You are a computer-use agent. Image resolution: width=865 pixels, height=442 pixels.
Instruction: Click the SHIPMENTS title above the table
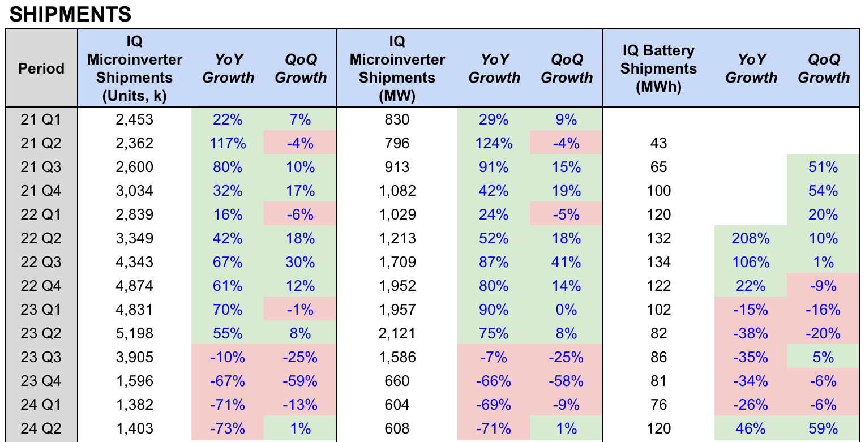click(70, 14)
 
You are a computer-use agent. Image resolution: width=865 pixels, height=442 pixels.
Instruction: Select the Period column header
click(41, 68)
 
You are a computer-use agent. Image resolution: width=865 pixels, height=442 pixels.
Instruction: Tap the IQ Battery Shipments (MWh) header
click(658, 68)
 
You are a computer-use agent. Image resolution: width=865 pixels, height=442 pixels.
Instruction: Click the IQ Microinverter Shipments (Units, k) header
click(135, 68)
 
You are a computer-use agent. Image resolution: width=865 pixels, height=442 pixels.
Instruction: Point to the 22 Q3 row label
click(41, 262)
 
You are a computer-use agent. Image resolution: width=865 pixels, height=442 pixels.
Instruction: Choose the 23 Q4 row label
click(41, 381)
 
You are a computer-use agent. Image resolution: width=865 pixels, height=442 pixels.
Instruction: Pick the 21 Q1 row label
click(41, 119)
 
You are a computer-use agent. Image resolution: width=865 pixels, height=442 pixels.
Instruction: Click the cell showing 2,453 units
click(135, 119)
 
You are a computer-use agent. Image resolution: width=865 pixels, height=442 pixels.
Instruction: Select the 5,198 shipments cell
click(135, 333)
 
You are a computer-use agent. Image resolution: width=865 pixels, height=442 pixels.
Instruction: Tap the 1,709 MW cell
click(397, 262)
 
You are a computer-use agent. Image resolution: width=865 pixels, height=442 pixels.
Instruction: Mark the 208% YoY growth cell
click(751, 238)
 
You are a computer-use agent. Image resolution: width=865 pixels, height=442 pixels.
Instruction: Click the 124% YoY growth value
click(494, 143)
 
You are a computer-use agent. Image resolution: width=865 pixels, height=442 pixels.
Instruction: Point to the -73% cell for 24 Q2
click(228, 428)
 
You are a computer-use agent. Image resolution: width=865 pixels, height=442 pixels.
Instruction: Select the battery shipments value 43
click(658, 143)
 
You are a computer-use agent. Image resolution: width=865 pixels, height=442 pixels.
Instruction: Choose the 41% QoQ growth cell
click(566, 262)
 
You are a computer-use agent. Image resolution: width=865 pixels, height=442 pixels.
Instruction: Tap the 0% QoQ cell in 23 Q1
click(566, 310)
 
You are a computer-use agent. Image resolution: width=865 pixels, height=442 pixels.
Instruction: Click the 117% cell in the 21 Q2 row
click(228, 143)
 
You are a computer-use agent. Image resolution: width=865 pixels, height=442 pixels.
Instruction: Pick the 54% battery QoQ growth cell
click(823, 191)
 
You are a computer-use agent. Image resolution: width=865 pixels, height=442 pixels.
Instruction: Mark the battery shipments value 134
click(658, 262)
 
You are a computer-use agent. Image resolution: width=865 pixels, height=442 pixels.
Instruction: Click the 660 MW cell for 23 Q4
click(397, 381)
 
